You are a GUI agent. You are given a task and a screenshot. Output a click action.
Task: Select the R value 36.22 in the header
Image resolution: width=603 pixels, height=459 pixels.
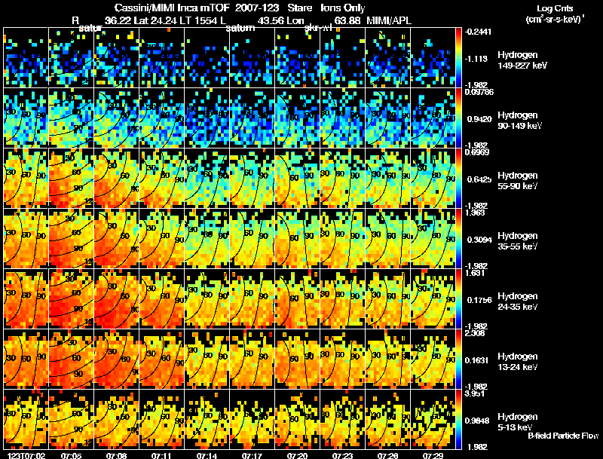tap(119, 19)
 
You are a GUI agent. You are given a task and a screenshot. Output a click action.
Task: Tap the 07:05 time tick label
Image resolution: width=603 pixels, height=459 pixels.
tap(72, 455)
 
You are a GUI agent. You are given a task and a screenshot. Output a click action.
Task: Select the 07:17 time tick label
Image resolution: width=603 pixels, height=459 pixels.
tap(253, 455)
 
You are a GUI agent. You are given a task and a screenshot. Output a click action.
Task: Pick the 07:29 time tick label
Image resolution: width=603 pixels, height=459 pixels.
tap(433, 455)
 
